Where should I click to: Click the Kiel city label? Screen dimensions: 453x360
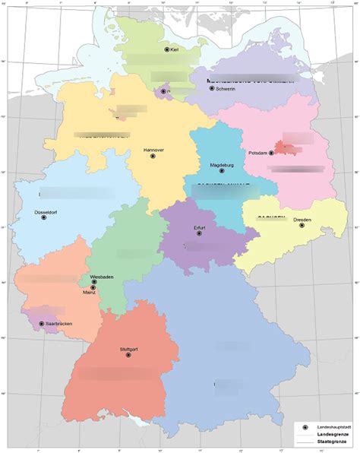point(174,50)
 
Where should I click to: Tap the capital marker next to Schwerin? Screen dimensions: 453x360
point(211,89)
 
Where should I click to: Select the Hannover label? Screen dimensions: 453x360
point(153,150)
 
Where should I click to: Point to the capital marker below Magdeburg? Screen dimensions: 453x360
point(222,171)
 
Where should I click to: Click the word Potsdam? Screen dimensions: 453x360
point(257,153)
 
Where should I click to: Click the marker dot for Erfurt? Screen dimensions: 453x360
point(200,233)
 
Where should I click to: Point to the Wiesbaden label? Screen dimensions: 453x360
point(102,276)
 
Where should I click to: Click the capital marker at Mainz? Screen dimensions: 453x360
point(93,288)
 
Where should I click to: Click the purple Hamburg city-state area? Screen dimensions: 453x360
point(162,93)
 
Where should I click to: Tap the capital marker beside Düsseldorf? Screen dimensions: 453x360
point(44,217)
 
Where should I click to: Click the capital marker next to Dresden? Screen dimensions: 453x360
point(302,225)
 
